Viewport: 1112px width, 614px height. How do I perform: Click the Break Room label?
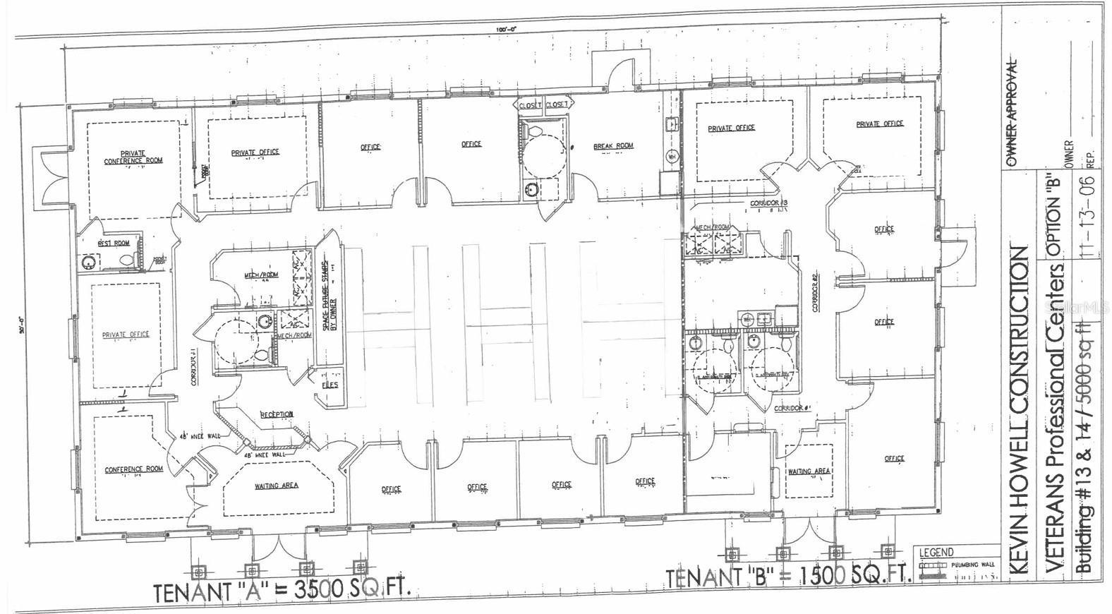[x=613, y=146]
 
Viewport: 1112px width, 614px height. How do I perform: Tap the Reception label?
[x=277, y=414]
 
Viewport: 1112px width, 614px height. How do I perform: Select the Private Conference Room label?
[x=133, y=157]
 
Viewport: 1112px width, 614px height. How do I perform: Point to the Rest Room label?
[x=113, y=243]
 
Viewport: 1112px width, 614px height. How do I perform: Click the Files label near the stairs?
[x=330, y=385]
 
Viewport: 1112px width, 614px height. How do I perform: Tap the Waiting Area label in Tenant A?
[x=277, y=486]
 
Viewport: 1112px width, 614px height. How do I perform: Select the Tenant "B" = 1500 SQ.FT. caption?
[x=788, y=577]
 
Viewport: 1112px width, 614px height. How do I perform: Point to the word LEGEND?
[x=936, y=553]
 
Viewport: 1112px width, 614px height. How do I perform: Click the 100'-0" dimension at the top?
[x=506, y=29]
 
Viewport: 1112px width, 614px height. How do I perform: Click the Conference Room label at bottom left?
[x=134, y=469]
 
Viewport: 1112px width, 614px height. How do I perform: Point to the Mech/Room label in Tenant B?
[x=712, y=227]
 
